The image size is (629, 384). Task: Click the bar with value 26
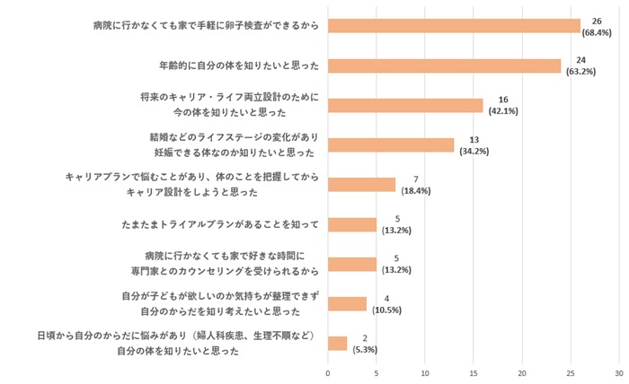click(454, 26)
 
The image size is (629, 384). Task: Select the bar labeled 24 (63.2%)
click(444, 65)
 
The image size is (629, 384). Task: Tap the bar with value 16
click(405, 105)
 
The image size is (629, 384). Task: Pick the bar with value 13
click(391, 145)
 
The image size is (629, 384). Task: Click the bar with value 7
click(361, 185)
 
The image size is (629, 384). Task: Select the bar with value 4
click(347, 303)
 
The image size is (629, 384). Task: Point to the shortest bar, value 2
click(337, 343)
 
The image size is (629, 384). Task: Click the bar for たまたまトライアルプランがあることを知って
click(351, 224)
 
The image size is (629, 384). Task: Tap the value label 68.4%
click(597, 32)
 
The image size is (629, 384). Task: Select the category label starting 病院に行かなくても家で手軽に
click(205, 26)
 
